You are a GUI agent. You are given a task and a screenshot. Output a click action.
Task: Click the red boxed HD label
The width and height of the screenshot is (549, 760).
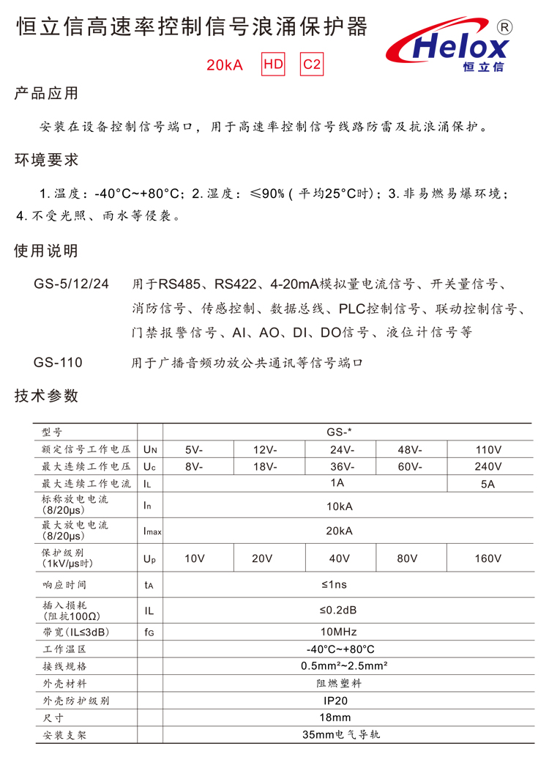[273, 64]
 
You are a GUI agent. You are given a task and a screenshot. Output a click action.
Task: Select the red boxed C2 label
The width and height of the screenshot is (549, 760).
[312, 64]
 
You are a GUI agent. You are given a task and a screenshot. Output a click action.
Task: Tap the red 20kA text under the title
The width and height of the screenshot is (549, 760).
[224, 65]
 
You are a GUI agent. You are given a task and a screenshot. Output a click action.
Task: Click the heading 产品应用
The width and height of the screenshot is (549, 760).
[46, 95]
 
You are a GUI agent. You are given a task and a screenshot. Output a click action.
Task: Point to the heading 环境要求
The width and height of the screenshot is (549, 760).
[46, 160]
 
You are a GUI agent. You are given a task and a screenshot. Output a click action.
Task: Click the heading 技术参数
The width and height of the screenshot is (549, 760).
[46, 396]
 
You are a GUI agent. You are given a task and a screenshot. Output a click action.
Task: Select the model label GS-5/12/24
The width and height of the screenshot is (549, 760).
[71, 284]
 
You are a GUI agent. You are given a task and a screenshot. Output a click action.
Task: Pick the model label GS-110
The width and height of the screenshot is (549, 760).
[58, 363]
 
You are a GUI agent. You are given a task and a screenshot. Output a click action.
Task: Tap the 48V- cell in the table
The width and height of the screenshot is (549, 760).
[410, 449]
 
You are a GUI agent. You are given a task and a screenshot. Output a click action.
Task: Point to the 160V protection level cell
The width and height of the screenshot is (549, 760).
[488, 558]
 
